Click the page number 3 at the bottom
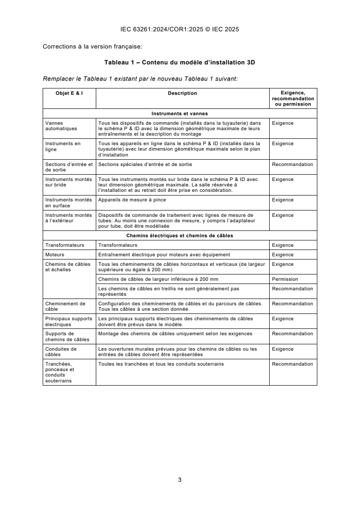[x=180, y=480]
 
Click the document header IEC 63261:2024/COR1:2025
[x=180, y=29]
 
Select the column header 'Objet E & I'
[x=69, y=93]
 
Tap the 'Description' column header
[x=182, y=93]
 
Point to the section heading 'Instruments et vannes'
[x=180, y=113]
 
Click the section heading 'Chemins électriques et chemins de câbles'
[x=180, y=235]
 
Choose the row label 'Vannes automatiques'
[x=61, y=126]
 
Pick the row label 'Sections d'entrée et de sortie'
[x=69, y=167]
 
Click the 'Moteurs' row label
[x=54, y=254]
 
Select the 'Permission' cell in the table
[x=285, y=279]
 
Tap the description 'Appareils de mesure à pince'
[x=132, y=200]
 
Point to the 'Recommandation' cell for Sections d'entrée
[x=292, y=164]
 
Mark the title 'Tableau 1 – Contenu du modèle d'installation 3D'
[x=180, y=63]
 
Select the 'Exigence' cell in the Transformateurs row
[x=282, y=245]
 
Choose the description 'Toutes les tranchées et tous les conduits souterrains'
[x=161, y=364]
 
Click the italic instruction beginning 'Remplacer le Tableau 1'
[x=140, y=78]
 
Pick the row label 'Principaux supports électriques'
[x=68, y=322]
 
